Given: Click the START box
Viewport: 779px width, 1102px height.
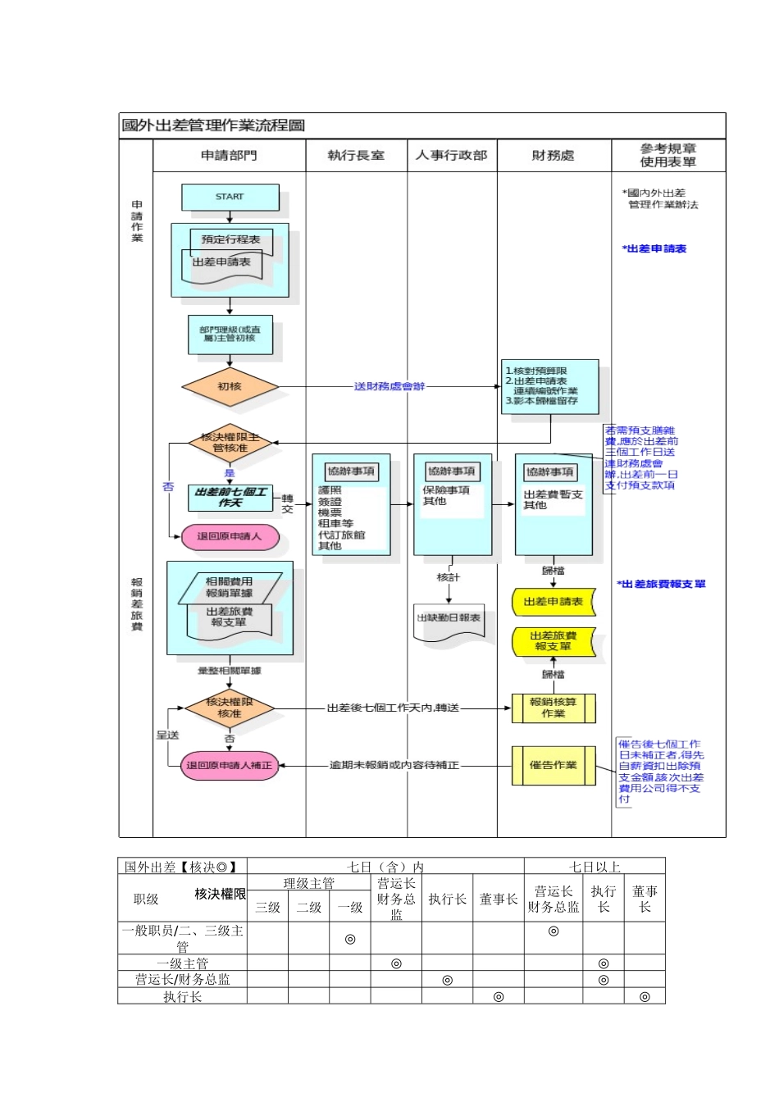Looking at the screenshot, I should coord(230,197).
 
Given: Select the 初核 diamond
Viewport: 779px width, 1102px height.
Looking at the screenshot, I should coord(230,386).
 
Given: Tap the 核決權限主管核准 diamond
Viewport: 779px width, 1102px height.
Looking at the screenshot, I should coord(230,443).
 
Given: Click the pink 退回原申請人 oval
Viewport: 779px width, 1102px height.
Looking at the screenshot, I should coord(230,536).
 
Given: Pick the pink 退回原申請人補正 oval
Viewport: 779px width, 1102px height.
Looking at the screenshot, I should coord(229,765).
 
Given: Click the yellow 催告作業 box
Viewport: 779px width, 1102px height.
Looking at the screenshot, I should coord(553,765).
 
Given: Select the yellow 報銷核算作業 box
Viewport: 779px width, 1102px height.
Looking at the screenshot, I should coord(553,708).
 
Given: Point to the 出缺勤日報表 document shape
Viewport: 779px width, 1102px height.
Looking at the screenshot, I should coord(449,619).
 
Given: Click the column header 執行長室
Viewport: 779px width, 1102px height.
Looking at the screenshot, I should coord(356,155).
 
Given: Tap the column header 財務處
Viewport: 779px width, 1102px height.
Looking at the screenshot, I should coord(553,155).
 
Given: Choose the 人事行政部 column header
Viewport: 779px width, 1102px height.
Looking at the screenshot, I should coord(451,155).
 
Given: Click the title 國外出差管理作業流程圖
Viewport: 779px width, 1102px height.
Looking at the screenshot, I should coord(213,125).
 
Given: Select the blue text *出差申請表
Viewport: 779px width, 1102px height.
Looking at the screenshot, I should coord(654,248).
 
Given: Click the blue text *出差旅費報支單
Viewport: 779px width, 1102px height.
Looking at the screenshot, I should coord(661,584).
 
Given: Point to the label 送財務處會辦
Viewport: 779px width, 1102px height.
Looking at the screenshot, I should coord(389,386).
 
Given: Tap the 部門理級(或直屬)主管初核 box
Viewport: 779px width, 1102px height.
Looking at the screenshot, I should coord(230,334).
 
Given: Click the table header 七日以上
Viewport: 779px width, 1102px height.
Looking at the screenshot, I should coord(594,867).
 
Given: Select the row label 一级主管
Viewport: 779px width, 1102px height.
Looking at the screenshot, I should coord(182,963).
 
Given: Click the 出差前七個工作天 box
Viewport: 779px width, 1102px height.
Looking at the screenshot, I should coord(230,497).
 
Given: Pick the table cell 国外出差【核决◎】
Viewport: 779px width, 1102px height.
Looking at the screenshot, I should coord(182,867).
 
